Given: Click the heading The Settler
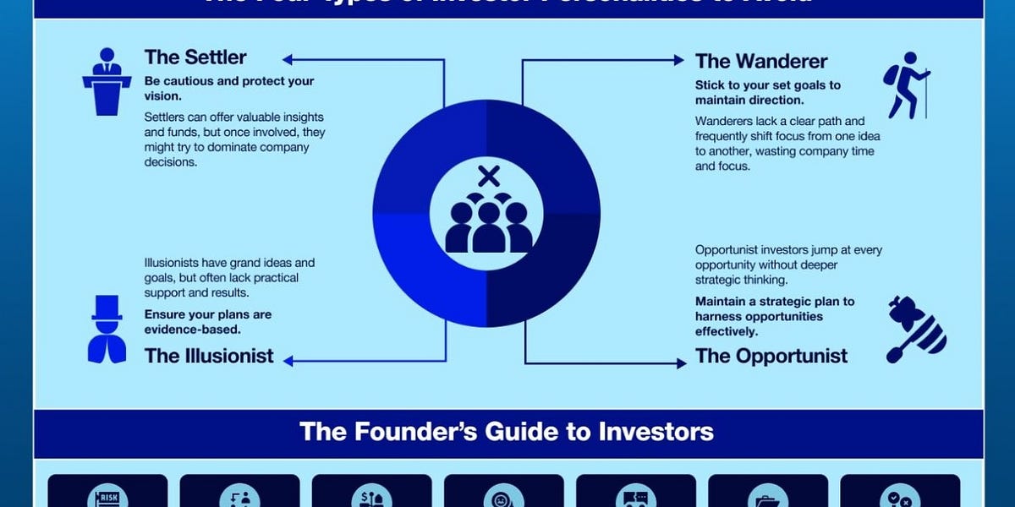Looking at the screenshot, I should (x=195, y=57).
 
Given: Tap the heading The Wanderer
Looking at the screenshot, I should (x=761, y=62).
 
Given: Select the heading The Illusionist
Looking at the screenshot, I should (x=209, y=356).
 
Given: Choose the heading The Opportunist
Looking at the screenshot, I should (x=771, y=356).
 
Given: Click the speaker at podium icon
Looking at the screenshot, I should (x=107, y=81).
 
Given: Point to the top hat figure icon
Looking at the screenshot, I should (x=107, y=330).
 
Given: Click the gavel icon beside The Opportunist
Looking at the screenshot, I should (x=915, y=330).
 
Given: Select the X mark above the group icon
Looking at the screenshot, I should (x=488, y=177).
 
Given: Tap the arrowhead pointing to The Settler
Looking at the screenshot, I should (x=288, y=60).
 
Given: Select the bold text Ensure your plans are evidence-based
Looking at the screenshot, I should (x=208, y=322).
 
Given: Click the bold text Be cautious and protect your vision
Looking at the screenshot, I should (x=228, y=89).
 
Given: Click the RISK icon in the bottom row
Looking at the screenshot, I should (x=107, y=495).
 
